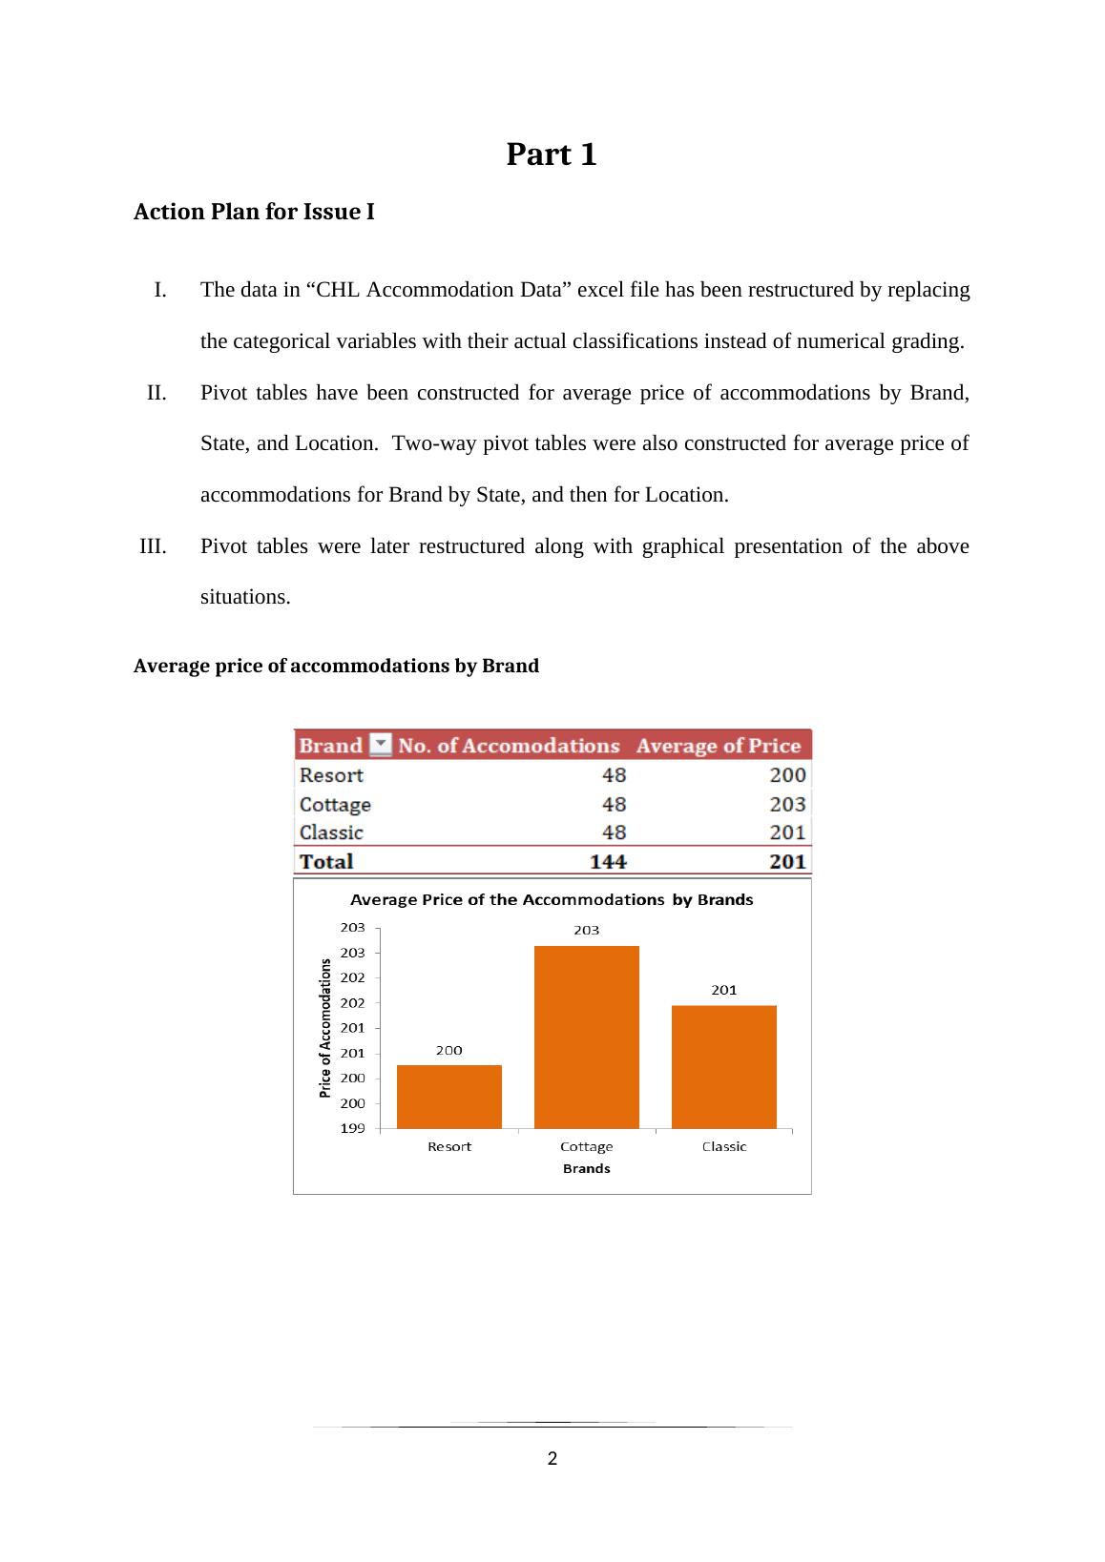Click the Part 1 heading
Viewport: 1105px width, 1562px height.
tap(552, 154)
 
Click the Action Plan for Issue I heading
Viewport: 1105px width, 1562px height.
tap(254, 212)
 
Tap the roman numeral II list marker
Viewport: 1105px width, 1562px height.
tap(157, 393)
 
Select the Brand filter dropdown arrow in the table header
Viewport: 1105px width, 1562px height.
tap(380, 745)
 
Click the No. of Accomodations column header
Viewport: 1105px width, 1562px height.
tap(509, 746)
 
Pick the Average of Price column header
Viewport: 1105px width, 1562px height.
tap(718, 746)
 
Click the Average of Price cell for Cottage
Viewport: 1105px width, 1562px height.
tap(787, 804)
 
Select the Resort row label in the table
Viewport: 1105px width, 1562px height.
tap(331, 775)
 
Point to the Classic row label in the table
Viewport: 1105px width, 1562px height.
tap(331, 832)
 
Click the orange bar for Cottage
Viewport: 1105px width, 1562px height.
tap(586, 1038)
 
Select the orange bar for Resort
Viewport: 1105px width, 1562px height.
tap(448, 1097)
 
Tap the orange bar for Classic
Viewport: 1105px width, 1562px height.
tap(723, 1066)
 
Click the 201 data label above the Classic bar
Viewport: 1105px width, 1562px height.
tap(723, 990)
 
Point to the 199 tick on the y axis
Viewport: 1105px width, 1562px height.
tap(353, 1129)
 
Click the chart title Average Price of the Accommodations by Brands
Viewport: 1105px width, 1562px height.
tap(552, 899)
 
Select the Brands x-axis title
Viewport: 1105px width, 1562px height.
tap(586, 1168)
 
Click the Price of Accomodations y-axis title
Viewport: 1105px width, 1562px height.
tap(325, 1028)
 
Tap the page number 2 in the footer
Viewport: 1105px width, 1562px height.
tap(552, 1458)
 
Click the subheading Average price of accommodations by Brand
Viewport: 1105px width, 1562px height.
tap(336, 666)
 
